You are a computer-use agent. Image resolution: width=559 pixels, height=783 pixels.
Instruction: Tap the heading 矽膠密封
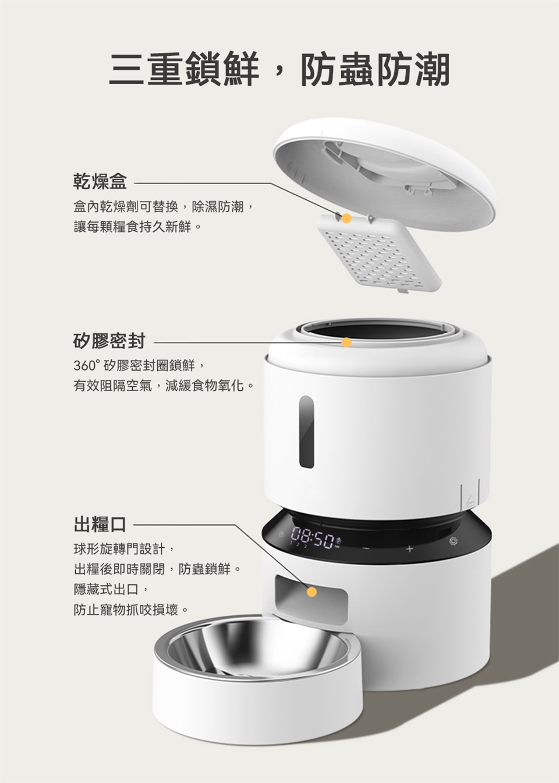109,341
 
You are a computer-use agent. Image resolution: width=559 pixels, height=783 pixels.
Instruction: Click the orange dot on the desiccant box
346,218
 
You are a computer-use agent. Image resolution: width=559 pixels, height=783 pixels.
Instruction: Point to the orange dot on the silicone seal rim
346,342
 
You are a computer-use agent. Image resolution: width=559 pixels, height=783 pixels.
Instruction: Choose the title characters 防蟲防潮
375,69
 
